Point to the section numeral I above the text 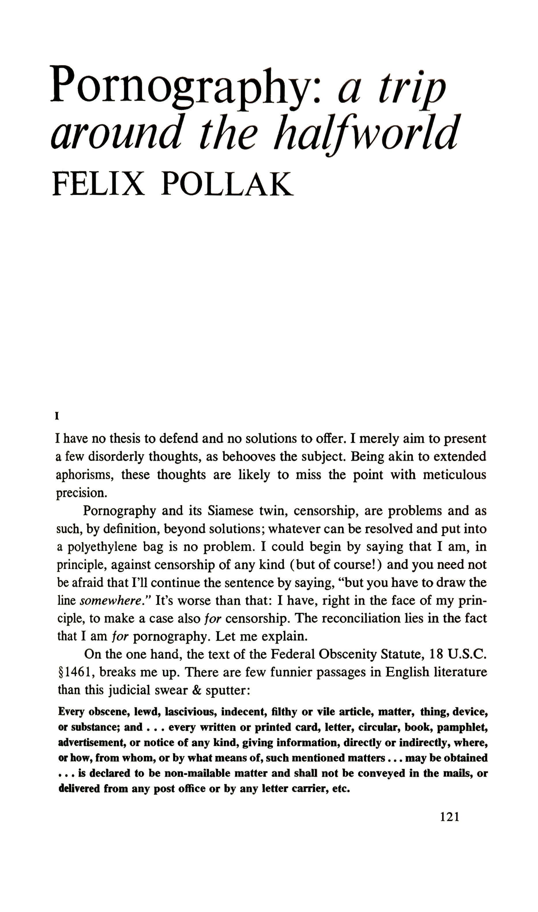click(x=57, y=417)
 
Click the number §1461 click(x=76, y=672)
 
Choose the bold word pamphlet click(x=465, y=727)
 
